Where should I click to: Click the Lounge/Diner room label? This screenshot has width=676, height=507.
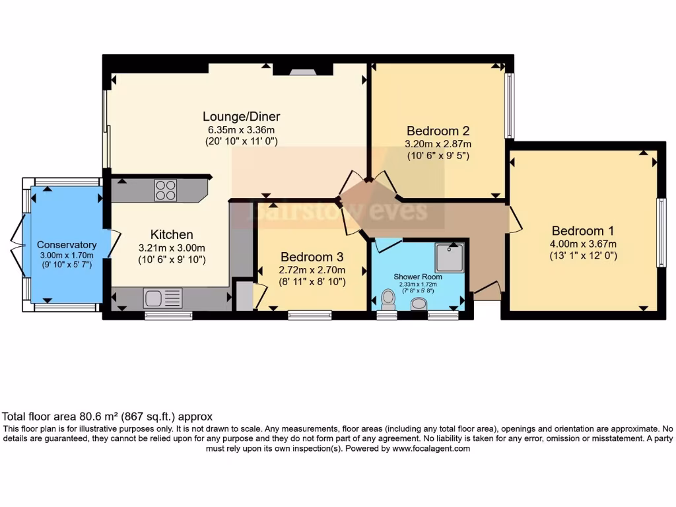coord(237,117)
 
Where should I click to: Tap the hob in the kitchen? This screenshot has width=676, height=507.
coord(166,190)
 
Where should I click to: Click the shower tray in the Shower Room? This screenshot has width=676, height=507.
coord(450,257)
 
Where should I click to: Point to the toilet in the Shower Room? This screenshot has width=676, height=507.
coord(388,299)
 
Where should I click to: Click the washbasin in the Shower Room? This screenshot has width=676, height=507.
coord(419,304)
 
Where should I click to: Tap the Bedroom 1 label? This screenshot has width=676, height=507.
coord(583,231)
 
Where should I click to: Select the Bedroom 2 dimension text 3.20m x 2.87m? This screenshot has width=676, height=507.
coord(438,144)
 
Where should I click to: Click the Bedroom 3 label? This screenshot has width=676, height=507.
coord(311,257)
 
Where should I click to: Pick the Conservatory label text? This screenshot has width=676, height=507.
coord(67,245)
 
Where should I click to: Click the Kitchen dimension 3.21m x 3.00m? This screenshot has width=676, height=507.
coord(172,248)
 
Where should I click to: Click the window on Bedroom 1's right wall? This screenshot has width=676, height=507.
coord(661,232)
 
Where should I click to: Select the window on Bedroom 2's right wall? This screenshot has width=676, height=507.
coord(509,106)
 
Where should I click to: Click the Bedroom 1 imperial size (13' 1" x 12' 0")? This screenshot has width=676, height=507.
coord(583,255)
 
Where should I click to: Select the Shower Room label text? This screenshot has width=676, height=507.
coord(418,277)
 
